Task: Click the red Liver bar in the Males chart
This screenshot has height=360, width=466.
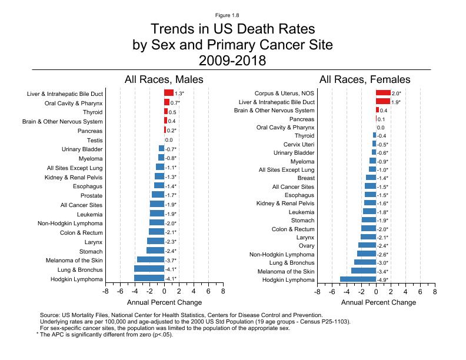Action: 169,93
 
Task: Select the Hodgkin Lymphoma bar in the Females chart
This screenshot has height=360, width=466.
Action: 358,279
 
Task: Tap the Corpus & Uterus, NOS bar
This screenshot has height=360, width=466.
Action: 383,93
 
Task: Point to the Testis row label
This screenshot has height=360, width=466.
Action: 95,140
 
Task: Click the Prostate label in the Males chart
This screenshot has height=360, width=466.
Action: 91,195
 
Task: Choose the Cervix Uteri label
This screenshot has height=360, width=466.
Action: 299,144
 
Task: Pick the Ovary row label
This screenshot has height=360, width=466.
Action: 306,245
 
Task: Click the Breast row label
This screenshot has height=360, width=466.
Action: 305,178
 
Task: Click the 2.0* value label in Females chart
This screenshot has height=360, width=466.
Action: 396,94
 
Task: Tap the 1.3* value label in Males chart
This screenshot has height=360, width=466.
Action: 179,94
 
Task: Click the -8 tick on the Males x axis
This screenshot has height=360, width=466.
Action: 105,291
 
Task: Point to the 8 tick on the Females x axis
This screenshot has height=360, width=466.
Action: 435,291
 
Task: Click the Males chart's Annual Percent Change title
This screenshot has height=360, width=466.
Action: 164,302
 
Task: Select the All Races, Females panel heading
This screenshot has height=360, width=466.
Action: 365,79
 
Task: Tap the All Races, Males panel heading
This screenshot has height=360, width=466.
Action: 164,79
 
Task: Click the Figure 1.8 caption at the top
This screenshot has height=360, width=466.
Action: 232,14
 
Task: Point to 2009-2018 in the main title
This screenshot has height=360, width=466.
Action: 232,60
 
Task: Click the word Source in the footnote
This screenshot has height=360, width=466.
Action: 49,315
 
